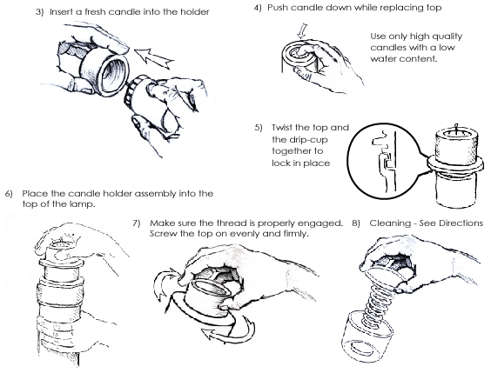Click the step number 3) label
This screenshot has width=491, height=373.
coord(40,12)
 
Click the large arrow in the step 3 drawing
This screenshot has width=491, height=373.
coord(154,58)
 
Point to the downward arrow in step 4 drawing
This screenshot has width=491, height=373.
coord(302,31)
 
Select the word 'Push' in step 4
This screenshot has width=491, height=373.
coord(278,8)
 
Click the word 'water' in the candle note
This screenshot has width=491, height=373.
coord(382,58)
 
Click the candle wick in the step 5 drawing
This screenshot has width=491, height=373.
coord(456,130)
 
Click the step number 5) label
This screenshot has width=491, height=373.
coord(259,128)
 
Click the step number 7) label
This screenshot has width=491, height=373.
coord(136,223)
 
